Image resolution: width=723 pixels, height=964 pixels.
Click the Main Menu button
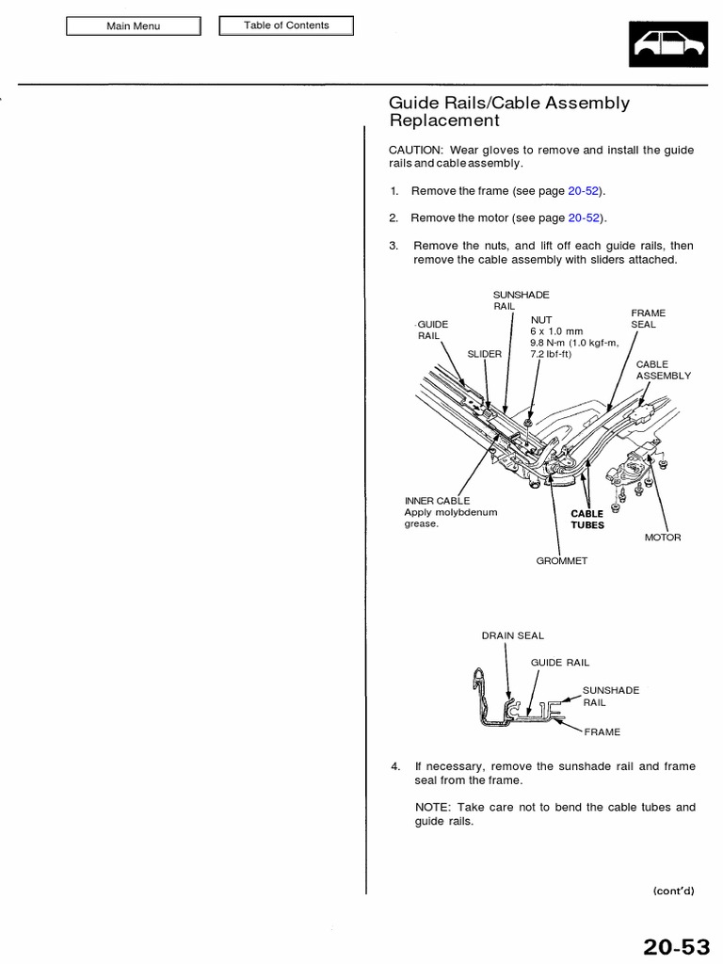pyautogui.click(x=133, y=26)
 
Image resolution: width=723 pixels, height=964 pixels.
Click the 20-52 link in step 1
pyautogui.click(x=584, y=191)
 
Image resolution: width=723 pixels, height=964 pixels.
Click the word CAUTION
pyautogui.click(x=416, y=150)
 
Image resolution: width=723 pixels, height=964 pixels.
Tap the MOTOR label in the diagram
pyautogui.click(x=663, y=538)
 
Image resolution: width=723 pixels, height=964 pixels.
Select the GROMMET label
pyautogui.click(x=561, y=560)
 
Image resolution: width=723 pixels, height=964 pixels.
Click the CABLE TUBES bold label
pyautogui.click(x=586, y=520)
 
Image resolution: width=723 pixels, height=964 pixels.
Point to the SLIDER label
pyautogui.click(x=485, y=354)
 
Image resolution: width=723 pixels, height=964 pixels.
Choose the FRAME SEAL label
pyautogui.click(x=648, y=318)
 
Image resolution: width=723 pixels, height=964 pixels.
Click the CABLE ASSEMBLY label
pyautogui.click(x=663, y=369)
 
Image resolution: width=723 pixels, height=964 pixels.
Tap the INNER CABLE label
pyautogui.click(x=437, y=501)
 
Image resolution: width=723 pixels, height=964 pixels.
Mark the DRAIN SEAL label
pyautogui.click(x=513, y=635)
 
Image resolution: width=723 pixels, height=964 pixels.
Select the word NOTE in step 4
pyautogui.click(x=431, y=807)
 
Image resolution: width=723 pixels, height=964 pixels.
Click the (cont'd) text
pyautogui.click(x=673, y=891)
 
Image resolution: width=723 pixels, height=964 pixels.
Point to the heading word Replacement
pyautogui.click(x=444, y=121)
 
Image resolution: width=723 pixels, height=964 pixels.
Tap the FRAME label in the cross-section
pyautogui.click(x=602, y=731)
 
